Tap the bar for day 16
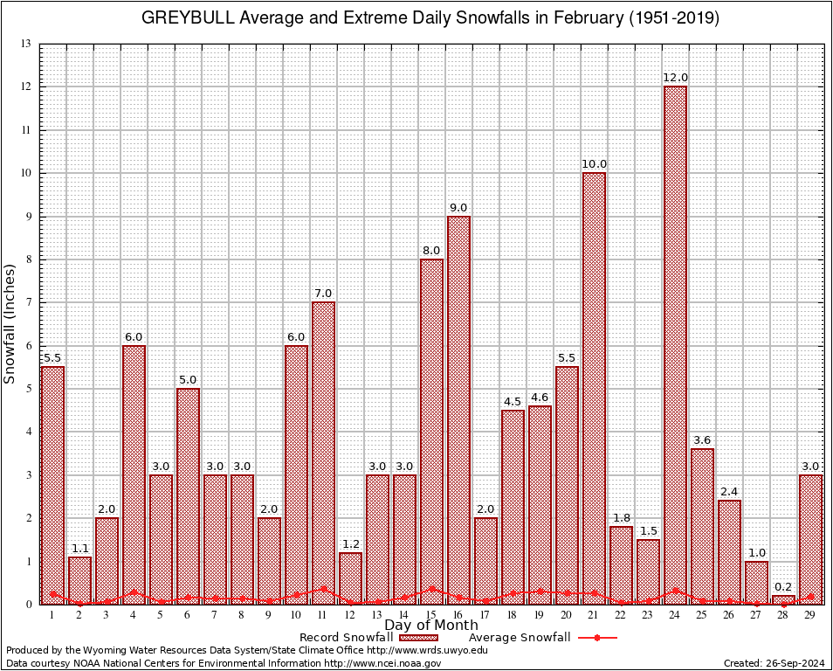458,410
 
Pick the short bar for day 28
783,599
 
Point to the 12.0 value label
675,78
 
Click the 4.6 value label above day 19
540,398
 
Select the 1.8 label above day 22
621,518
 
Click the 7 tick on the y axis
29,302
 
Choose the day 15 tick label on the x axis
431,616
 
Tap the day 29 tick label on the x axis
810,616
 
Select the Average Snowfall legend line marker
596,638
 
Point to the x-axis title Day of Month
431,626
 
